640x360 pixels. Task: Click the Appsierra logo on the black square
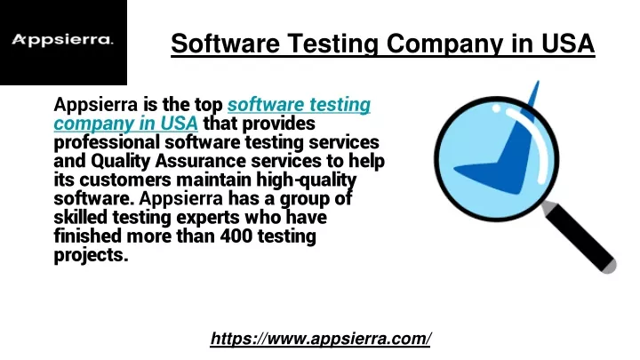click(x=62, y=40)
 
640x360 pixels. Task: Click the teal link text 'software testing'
click(x=299, y=105)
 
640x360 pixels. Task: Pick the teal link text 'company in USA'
click(x=125, y=124)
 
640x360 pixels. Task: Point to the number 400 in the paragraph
click(x=236, y=236)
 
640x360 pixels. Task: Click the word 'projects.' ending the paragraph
click(x=91, y=255)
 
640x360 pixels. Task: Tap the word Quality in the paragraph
click(x=120, y=161)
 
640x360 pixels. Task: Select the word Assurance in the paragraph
click(x=200, y=161)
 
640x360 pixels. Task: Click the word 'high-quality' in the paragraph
click(x=306, y=180)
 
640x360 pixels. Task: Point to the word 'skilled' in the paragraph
click(x=80, y=217)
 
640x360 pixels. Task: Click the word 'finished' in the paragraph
click(x=88, y=236)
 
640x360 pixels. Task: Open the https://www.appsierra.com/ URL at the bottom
click(x=320, y=339)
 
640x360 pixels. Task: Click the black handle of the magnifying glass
click(x=580, y=237)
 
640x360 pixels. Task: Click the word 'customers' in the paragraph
click(x=125, y=180)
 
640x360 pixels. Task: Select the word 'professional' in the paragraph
click(x=107, y=142)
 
